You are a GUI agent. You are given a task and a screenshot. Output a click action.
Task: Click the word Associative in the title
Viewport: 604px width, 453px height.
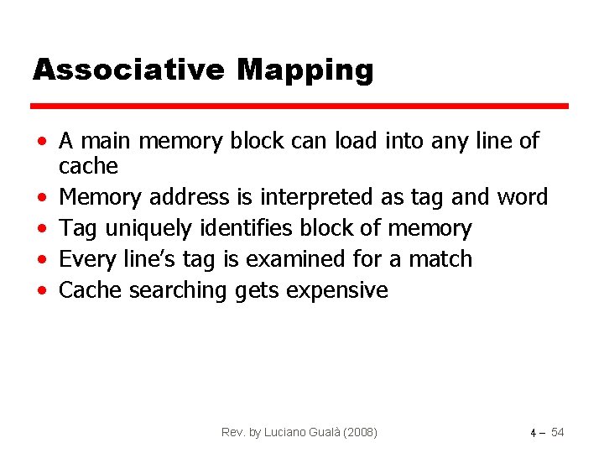(x=128, y=70)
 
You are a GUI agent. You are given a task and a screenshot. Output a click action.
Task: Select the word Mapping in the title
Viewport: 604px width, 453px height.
(x=305, y=71)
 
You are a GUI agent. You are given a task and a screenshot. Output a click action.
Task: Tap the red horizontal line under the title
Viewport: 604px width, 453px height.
(x=299, y=107)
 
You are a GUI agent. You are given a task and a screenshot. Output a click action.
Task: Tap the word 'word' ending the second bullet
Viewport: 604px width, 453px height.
(x=522, y=197)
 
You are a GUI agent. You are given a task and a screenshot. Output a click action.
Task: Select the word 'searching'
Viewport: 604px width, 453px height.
(x=174, y=291)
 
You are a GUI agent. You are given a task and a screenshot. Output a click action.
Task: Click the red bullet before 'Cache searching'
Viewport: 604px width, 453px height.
(x=41, y=291)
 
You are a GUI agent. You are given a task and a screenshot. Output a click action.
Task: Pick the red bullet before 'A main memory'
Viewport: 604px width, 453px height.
(x=41, y=141)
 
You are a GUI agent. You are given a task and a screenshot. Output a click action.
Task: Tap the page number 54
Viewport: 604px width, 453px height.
(x=557, y=432)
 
